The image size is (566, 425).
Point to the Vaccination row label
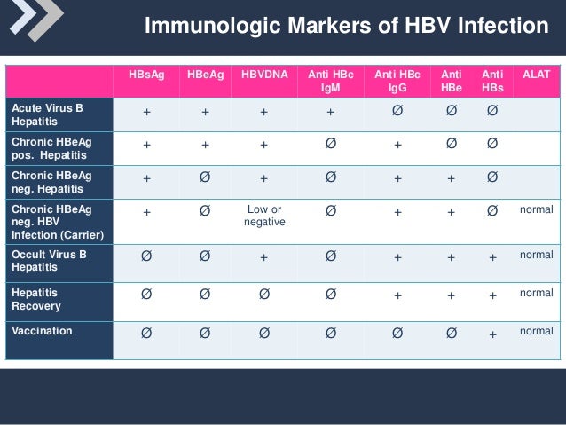[42, 330]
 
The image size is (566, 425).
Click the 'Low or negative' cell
[263, 216]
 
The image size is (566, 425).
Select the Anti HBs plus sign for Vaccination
[492, 334]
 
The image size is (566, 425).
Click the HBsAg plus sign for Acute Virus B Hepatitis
[145, 114]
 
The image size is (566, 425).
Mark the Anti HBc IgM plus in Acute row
[330, 114]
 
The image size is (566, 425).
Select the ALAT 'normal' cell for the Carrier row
[536, 210]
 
